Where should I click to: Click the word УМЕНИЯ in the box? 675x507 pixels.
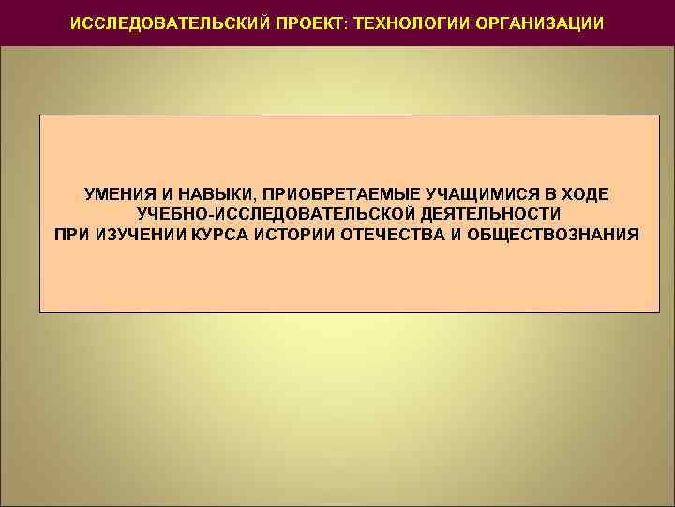[116, 194]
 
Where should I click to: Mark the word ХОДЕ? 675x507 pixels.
[585, 194]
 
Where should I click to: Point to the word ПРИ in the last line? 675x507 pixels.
[73, 234]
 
